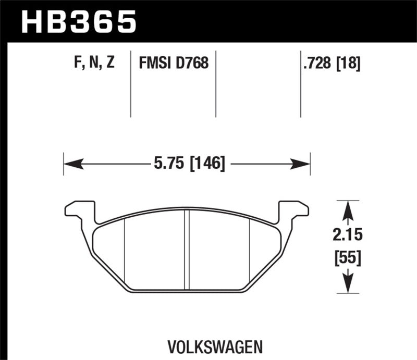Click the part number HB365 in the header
pyautogui.click(x=78, y=22)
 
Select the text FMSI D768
pyautogui.click(x=174, y=64)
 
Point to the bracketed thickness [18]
pyautogui.click(x=349, y=64)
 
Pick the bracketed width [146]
pyautogui.click(x=207, y=164)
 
